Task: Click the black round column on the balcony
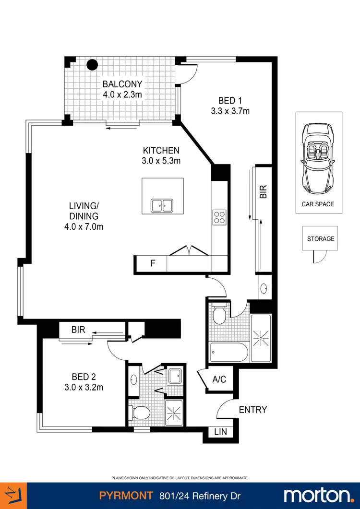pos(92,65)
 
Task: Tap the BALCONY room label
pos(122,84)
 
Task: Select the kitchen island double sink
pos(162,205)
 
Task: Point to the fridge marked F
pos(153,263)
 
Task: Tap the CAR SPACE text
pos(318,204)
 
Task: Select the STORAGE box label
pos(321,238)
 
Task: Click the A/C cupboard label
pos(219,379)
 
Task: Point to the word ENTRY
pos(252,410)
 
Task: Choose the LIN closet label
pos(221,432)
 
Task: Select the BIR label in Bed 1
pos(263,192)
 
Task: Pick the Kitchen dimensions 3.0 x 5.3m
pos(161,161)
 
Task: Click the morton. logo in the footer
pos(318,495)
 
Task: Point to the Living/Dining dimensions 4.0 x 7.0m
pos(84,226)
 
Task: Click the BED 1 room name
pos(230,100)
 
